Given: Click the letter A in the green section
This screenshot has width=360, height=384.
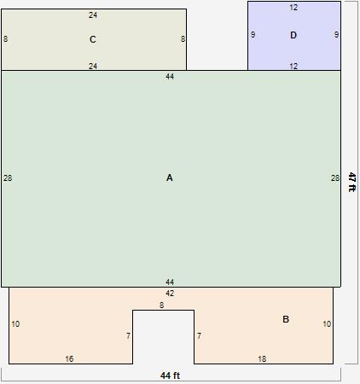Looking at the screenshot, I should click(170, 177).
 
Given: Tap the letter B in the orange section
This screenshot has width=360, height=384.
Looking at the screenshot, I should click(286, 319).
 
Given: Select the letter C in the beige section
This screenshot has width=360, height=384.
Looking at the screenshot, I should click(93, 39).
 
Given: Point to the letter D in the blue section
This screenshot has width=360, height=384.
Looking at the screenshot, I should click(293, 35).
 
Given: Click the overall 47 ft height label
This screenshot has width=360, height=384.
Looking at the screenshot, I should click(351, 183).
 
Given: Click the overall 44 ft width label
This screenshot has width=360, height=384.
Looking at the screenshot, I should click(171, 375).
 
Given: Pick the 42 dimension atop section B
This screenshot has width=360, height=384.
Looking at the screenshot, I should click(170, 294).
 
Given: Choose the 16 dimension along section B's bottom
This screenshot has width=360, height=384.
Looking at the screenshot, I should click(69, 359).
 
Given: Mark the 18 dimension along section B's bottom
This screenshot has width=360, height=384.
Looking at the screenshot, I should click(262, 359).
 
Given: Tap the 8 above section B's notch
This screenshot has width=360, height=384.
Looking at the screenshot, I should click(161, 305).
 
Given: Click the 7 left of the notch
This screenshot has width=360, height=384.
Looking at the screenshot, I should click(128, 336).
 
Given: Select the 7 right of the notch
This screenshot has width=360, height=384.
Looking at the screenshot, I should click(199, 336).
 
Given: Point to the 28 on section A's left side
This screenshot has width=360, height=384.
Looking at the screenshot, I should click(8, 178).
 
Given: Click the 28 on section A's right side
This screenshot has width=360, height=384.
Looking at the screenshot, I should click(335, 178).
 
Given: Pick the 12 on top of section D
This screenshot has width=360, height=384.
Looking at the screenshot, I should click(293, 8).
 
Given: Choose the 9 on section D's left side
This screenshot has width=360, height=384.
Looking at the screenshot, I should click(253, 35).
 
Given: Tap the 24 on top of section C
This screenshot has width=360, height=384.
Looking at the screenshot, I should click(93, 15).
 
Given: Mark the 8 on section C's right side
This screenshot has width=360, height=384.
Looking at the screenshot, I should click(183, 39).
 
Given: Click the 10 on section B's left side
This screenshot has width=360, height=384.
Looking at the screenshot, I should click(15, 324).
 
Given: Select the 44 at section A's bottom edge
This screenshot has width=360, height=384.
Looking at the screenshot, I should click(170, 282).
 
